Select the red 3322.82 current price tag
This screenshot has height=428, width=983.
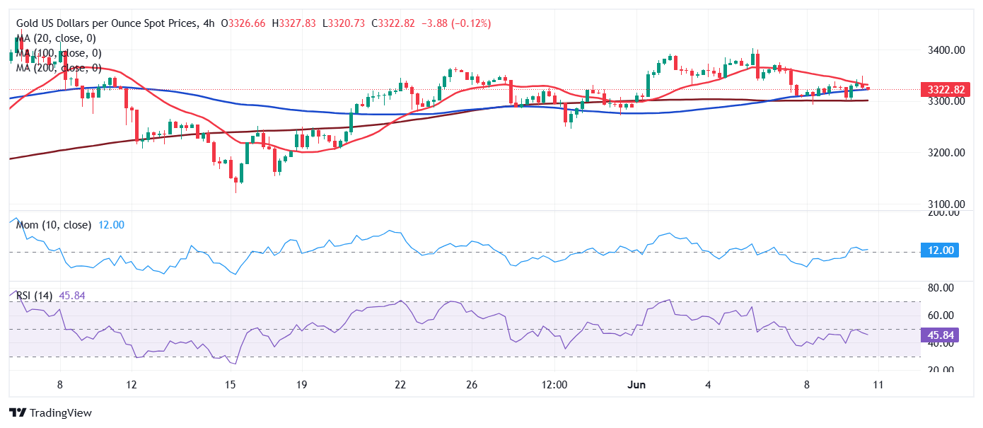[942, 90]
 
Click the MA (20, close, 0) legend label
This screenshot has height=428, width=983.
[57, 38]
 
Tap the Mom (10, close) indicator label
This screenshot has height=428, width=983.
[54, 225]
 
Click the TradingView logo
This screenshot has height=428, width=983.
[50, 412]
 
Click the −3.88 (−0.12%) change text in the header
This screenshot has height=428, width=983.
[456, 23]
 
